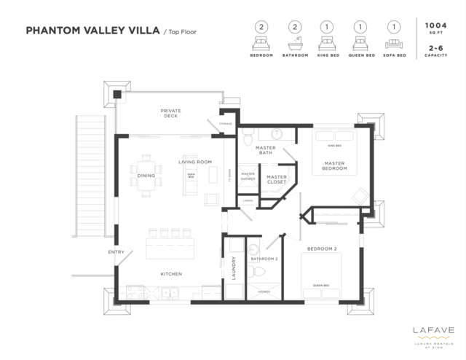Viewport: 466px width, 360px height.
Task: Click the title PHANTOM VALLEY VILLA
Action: [92, 31]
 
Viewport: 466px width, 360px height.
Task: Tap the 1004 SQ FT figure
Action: [435, 28]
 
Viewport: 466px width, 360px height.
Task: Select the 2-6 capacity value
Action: [435, 50]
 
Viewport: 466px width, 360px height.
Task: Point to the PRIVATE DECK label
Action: [170, 113]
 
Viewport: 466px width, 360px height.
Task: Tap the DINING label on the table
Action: [146, 176]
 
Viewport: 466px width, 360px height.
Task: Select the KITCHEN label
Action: [170, 274]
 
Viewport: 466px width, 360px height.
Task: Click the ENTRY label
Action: [116, 252]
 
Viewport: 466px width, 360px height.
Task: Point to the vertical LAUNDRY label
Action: [234, 267]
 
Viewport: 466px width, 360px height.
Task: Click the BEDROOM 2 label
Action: [321, 249]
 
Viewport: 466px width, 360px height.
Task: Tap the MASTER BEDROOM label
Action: [334, 166]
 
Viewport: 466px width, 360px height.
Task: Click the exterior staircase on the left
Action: [92, 179]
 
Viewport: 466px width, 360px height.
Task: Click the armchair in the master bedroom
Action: [359, 195]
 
